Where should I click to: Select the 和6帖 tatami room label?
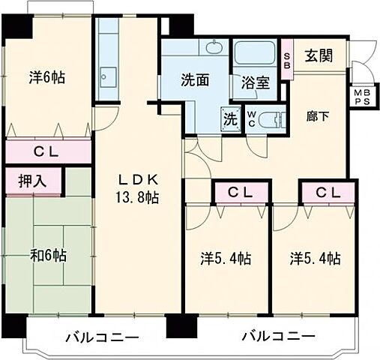point(47,256)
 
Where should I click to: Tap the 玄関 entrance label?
point(318,55)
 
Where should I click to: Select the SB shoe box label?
point(286,57)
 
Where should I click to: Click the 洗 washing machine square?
point(229,118)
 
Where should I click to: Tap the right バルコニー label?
point(277,335)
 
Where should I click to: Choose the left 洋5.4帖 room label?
point(226,258)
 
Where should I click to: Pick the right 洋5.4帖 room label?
point(316,258)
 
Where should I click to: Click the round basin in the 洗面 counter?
point(210,47)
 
